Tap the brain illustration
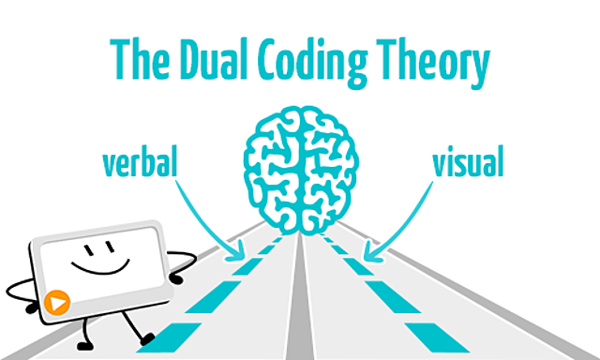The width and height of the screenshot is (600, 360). pos(300,168)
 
